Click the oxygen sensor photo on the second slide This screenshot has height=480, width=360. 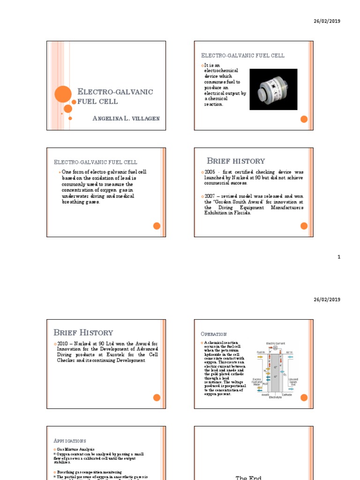[x=273, y=89]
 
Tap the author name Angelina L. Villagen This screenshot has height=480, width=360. [x=127, y=118]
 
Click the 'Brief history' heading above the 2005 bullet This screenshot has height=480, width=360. [x=236, y=161]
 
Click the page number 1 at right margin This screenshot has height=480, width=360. [x=338, y=257]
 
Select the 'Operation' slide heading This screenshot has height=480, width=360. [x=213, y=334]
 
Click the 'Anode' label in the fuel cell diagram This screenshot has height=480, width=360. [x=265, y=394]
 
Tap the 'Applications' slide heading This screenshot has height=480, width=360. [x=70, y=441]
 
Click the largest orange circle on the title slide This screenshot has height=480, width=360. [x=63, y=94]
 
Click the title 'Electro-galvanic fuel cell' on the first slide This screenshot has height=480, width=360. [x=115, y=96]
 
